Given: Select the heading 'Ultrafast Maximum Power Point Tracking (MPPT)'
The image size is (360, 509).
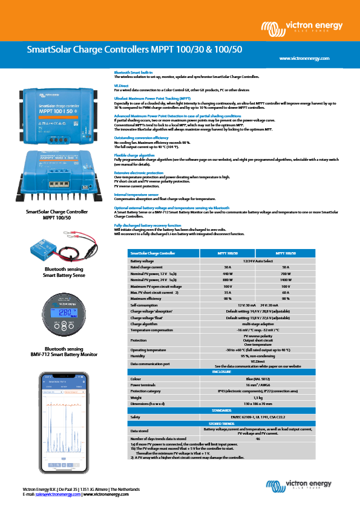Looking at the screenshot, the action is click(x=152, y=97).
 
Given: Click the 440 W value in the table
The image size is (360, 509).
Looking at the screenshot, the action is click(x=227, y=273).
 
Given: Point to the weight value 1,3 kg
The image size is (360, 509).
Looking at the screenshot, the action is click(x=257, y=397).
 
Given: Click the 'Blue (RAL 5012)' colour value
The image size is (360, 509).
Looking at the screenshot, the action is click(x=257, y=378).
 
